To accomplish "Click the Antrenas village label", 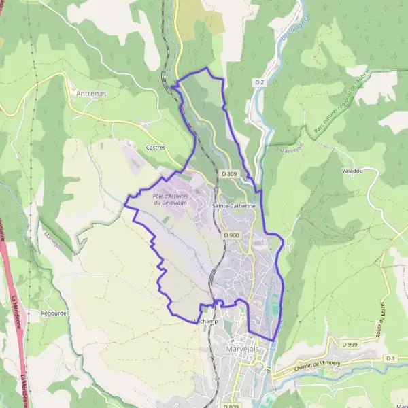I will pos(91,93).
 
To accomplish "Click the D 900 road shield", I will pos(231,235).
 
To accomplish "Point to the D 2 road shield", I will pos(258,82).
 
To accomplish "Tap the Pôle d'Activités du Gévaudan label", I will pos(170,199).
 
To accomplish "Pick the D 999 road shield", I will pos(350,345).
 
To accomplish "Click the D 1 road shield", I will pos(390,358).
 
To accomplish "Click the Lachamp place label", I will pos(204,320).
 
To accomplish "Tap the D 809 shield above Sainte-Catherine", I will pos(229,174).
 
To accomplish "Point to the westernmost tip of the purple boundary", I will pos(125,199).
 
